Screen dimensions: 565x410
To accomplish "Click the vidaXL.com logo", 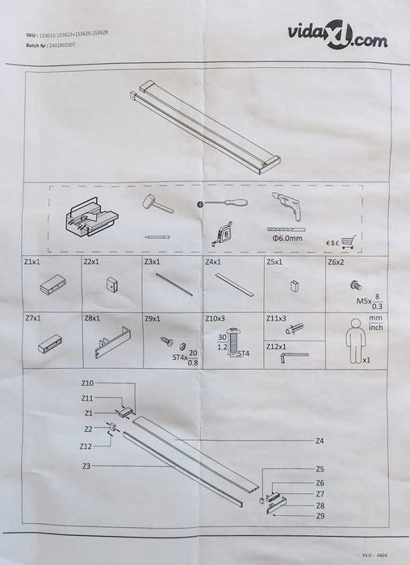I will (x=332, y=37).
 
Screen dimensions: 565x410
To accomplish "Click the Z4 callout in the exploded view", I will (x=320, y=441).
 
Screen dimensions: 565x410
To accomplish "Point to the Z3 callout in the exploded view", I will (x=86, y=467).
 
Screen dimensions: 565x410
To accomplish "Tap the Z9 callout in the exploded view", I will (x=320, y=516).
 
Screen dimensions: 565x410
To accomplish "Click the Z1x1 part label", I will (x=33, y=262).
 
